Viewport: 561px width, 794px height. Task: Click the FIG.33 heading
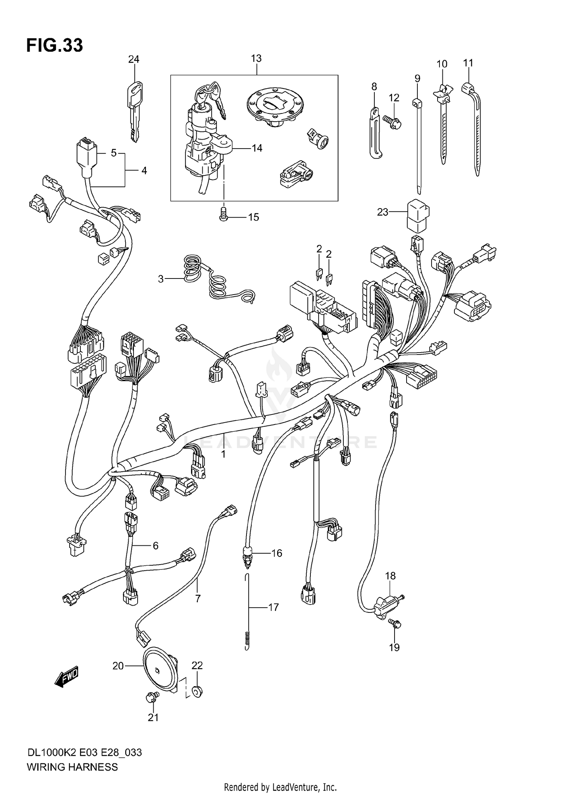(55, 46)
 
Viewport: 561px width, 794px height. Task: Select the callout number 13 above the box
(256, 58)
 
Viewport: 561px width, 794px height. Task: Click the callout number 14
(257, 148)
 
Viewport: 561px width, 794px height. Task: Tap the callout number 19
(395, 647)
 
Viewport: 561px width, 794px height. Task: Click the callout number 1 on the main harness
(223, 454)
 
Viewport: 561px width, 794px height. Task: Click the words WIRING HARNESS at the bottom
(72, 767)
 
